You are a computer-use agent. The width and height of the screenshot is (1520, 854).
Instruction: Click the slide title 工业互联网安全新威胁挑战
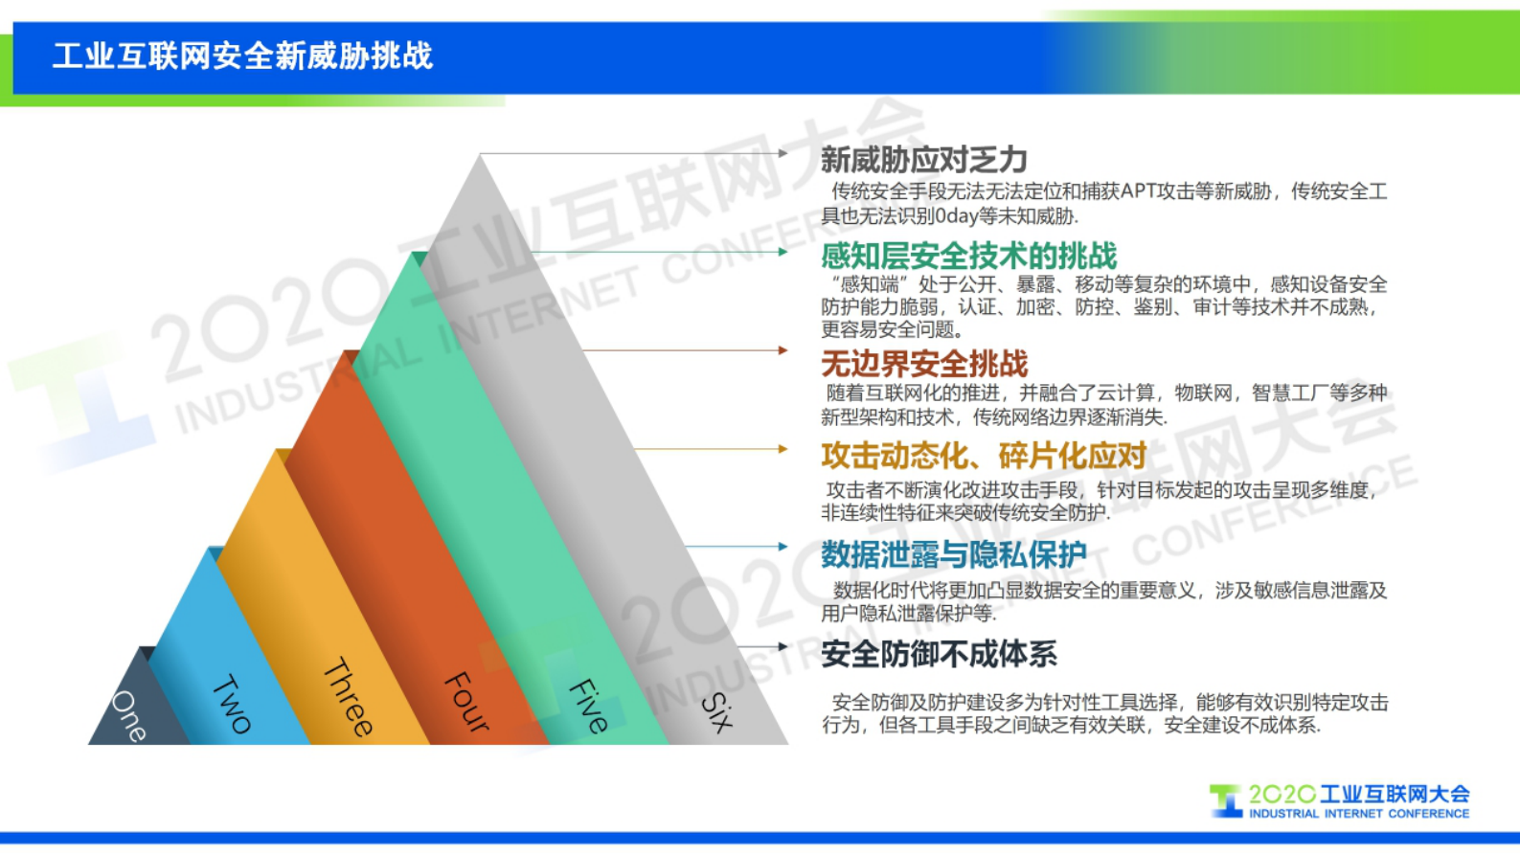pos(242,56)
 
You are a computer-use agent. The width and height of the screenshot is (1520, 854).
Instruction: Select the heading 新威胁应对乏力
pos(923,160)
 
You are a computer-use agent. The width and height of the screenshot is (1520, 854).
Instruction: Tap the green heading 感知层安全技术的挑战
pos(968,256)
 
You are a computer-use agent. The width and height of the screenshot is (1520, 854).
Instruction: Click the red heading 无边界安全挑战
pos(923,364)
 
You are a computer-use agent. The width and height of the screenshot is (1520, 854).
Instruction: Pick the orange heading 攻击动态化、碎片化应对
pos(984,456)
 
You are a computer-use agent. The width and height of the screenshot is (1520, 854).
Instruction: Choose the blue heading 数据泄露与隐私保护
pos(953,554)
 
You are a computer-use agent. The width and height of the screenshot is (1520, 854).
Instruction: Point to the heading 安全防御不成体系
pos(939,654)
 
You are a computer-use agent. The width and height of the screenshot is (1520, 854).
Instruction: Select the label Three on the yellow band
pos(348,697)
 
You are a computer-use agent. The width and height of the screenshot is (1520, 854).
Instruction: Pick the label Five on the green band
pos(588,706)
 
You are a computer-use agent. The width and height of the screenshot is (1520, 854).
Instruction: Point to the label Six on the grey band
pos(716,712)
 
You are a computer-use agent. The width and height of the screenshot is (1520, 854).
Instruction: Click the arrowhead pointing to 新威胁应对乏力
pos(783,153)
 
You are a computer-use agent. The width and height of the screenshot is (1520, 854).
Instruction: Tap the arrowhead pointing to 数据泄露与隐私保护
pos(783,547)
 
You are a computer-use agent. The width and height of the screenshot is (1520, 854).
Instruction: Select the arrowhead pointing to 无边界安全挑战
pos(783,350)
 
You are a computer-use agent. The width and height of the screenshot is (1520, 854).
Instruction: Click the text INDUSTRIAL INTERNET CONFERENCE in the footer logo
pos(1358,814)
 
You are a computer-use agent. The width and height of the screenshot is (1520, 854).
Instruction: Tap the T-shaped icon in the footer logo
pos(1225,800)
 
